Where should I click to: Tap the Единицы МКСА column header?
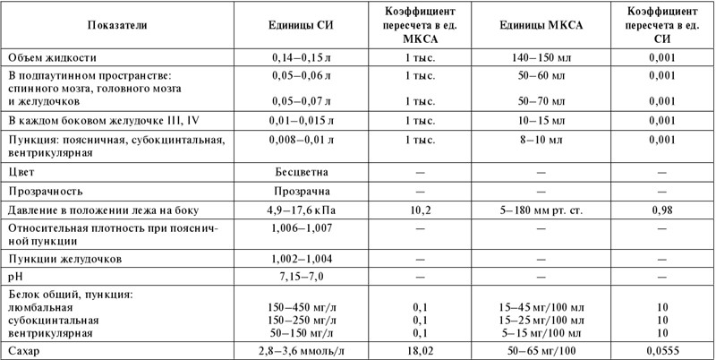coord(541,27)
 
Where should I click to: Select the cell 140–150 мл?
coord(541,57)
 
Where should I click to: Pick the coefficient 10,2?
coord(420,210)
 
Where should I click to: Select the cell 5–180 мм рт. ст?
coord(541,210)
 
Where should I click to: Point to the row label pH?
coord(15,276)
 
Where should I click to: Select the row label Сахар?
coord(24,350)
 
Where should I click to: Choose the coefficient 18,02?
coord(420,350)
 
